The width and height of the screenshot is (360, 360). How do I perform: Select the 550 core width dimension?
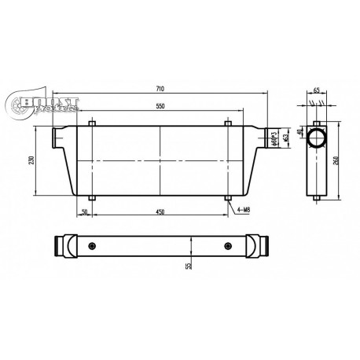point(160,105)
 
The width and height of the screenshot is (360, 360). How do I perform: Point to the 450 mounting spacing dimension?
point(160,211)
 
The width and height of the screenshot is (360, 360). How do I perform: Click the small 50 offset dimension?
point(84,211)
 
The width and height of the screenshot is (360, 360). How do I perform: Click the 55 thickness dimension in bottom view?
point(188,265)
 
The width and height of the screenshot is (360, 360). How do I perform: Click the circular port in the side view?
point(318,139)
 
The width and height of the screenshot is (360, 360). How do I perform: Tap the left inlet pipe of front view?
point(61,138)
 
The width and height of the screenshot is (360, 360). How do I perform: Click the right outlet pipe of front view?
point(270,138)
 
